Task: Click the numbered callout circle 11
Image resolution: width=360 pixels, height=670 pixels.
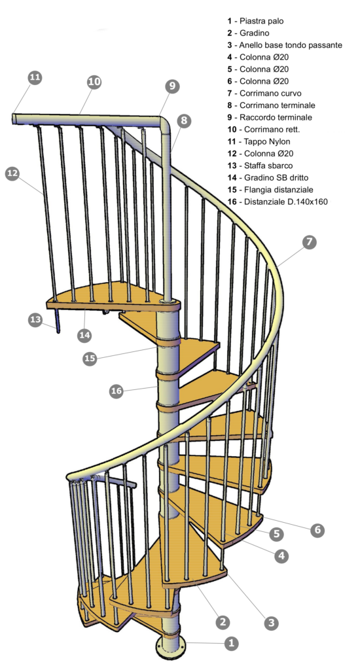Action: coord(35,77)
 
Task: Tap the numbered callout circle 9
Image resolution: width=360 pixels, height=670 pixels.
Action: coord(172,86)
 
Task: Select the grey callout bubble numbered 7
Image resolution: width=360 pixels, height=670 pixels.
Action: coord(309,242)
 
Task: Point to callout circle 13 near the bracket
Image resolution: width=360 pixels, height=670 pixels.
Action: coord(35,319)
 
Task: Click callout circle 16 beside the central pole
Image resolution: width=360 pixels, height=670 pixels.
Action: coord(117,391)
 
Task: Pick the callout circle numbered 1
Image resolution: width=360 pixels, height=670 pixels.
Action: coord(231,643)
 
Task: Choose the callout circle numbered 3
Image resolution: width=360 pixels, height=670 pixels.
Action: coord(271,622)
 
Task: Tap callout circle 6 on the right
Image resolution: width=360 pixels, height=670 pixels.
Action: coord(317,530)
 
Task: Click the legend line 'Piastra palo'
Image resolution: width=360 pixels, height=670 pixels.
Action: coord(255,21)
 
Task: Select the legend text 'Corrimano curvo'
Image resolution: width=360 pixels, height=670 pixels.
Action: coord(264,93)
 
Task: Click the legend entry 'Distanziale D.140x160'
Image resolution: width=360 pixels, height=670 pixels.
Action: coord(278,202)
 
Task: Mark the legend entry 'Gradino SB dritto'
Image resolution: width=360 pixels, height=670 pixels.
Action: coord(268,177)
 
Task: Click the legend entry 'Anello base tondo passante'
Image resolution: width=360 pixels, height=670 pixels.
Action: coord(285,45)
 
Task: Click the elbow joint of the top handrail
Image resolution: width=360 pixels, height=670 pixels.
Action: coord(166,123)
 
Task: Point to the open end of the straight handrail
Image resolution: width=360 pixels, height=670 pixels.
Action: coord(14,119)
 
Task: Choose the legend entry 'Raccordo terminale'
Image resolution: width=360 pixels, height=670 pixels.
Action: coord(270,117)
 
